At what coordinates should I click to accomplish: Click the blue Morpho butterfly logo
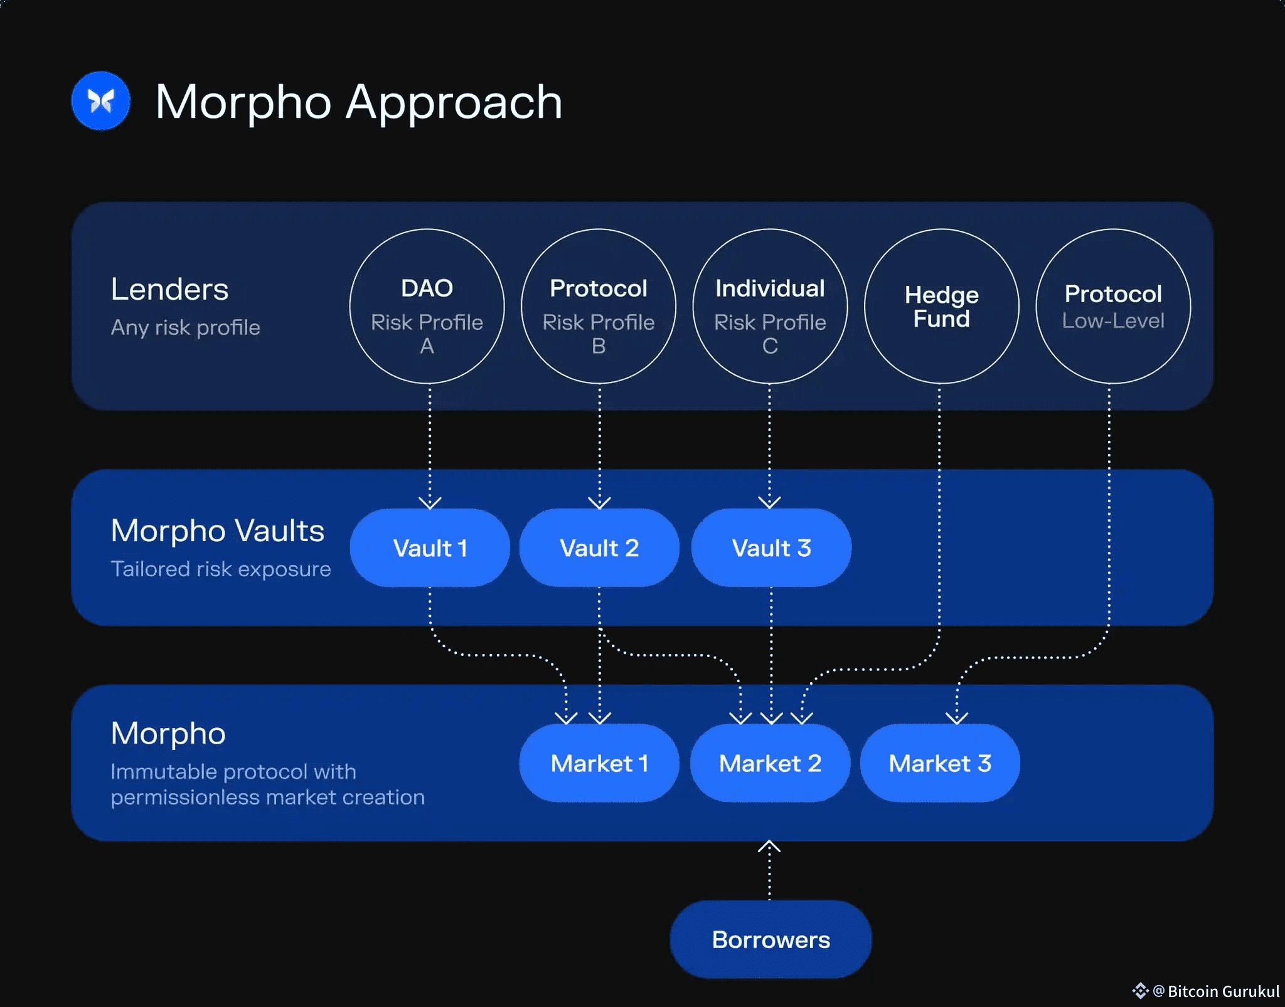(100, 101)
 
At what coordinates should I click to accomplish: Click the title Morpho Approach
(358, 102)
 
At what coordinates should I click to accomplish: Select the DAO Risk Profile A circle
(427, 306)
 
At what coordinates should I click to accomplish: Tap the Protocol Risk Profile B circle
(599, 306)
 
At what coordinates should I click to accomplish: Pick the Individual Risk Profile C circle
(770, 306)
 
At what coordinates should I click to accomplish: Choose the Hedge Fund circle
(941, 306)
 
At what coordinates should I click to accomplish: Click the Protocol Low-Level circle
(1113, 306)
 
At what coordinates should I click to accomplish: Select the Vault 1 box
(430, 547)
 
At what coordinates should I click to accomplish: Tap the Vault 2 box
(599, 547)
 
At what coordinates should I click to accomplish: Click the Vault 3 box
(771, 547)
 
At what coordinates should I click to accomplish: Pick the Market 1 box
(599, 763)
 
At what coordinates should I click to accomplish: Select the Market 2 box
(770, 763)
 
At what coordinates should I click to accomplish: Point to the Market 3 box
(940, 763)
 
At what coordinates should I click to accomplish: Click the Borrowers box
(770, 939)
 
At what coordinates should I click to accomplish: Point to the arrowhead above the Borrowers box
(769, 847)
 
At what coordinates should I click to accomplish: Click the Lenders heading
(169, 289)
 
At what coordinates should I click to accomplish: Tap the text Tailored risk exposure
(221, 569)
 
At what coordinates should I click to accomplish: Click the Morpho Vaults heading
(217, 530)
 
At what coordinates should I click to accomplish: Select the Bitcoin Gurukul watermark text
(1223, 991)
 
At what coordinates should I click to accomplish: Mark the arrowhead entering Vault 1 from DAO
(430, 502)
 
